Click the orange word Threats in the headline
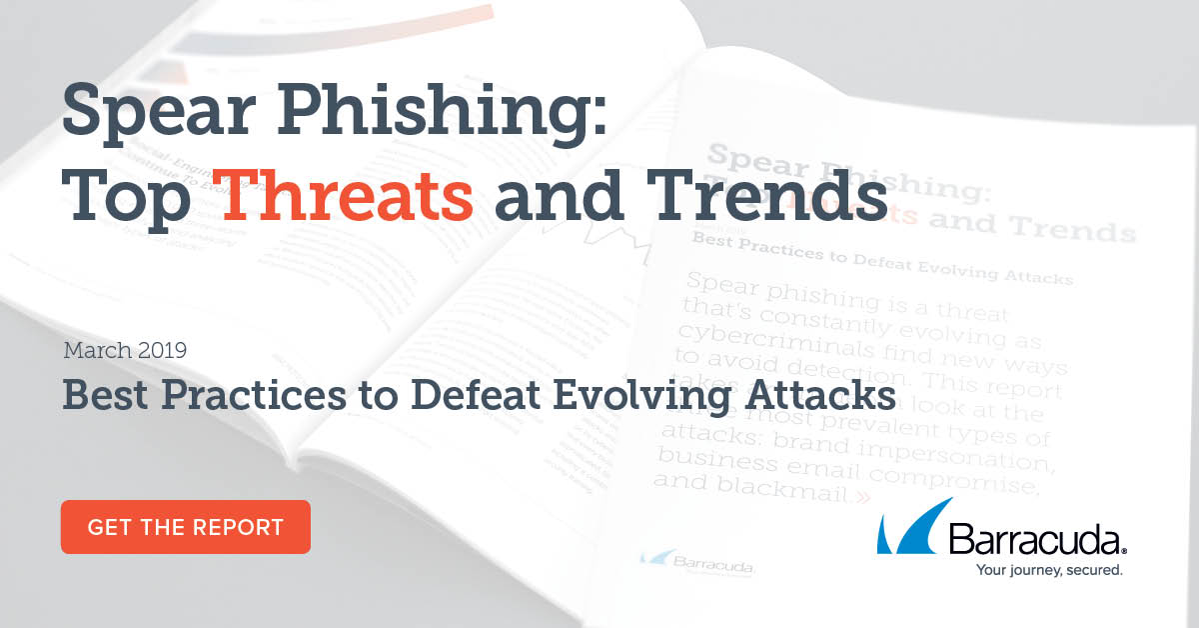coord(347,195)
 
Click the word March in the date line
coord(97,351)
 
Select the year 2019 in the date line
coord(162,351)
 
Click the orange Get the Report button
coord(186,527)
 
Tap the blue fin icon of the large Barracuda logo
coord(907,527)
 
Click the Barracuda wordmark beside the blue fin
coord(1035,541)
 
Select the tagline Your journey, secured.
coord(1035,571)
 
